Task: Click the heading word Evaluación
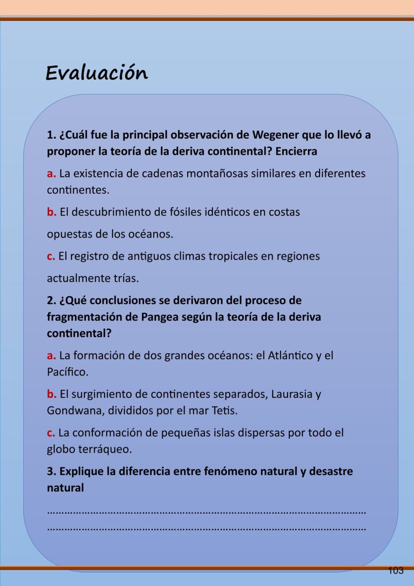pyautogui.click(x=96, y=73)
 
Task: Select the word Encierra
pyautogui.click(x=296, y=151)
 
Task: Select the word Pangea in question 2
pyautogui.click(x=160, y=317)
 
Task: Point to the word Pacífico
pyautogui.click(x=68, y=372)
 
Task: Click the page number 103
pyautogui.click(x=395, y=571)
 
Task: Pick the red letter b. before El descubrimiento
pyautogui.click(x=51, y=212)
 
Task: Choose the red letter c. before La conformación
pyautogui.click(x=51, y=433)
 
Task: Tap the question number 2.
pyautogui.click(x=51, y=301)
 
